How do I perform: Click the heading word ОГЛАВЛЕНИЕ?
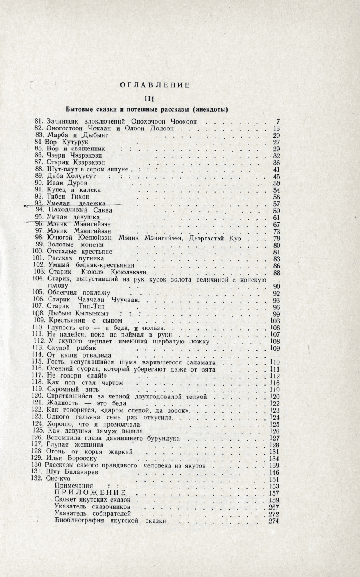tap(155, 85)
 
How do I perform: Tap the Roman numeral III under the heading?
tap(150, 99)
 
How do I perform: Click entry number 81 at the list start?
tap(39, 121)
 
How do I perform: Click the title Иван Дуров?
tap(64, 183)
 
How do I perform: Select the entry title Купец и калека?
tap(74, 189)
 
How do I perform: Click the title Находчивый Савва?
tap(80, 210)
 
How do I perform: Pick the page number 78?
tap(276, 238)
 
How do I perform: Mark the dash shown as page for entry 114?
tap(276, 355)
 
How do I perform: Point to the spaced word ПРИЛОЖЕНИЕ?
tap(90, 493)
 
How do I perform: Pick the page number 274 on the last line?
tap(274, 521)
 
